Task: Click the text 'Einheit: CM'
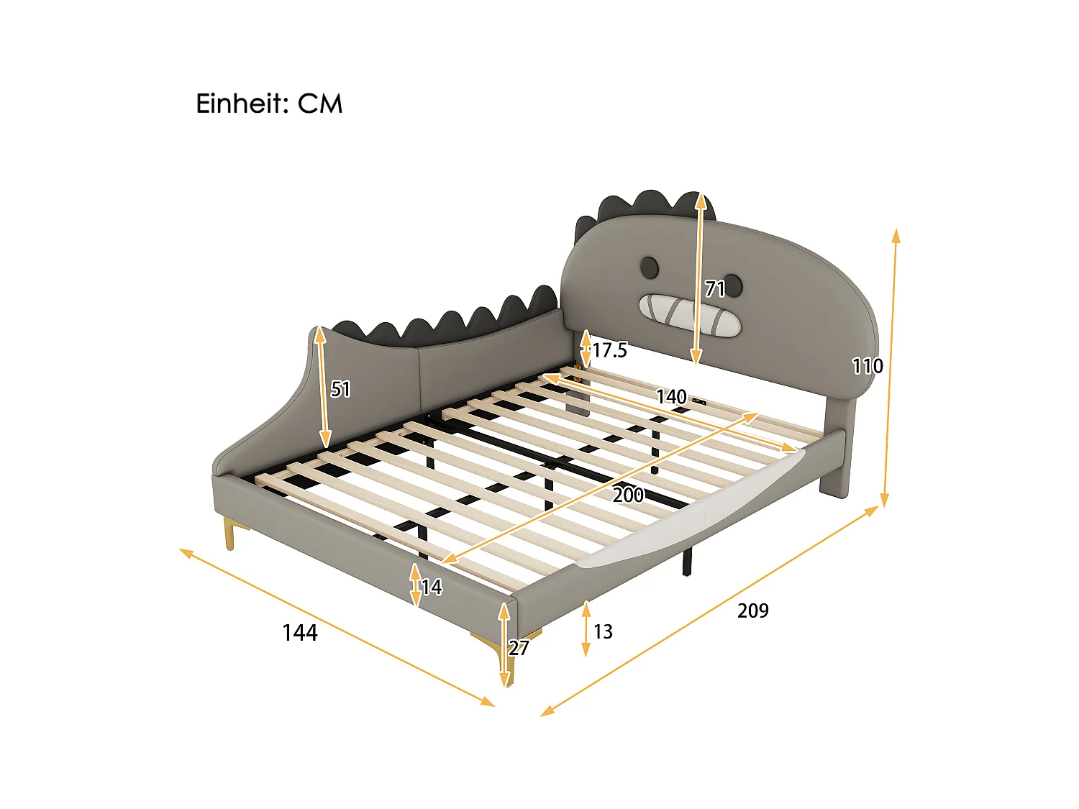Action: tap(269, 104)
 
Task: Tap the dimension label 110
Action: tap(867, 366)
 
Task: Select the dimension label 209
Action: tap(752, 611)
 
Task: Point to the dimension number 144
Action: tap(299, 633)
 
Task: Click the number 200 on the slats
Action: tap(628, 495)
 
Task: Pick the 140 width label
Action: tap(670, 397)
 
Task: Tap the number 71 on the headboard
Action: tap(714, 289)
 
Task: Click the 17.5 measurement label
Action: tap(609, 350)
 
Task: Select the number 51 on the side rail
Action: tap(340, 389)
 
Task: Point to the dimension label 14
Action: tap(431, 588)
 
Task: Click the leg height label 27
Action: tap(519, 648)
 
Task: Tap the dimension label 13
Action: tap(603, 631)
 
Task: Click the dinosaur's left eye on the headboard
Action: tap(649, 268)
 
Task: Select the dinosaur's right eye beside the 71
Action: tap(732, 283)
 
